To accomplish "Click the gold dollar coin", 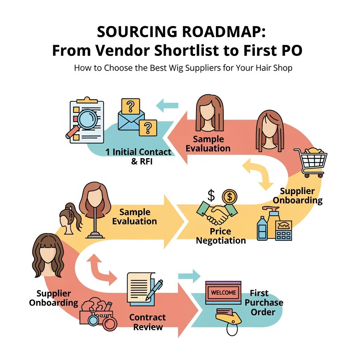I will click(x=229, y=196).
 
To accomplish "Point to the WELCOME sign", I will click(x=223, y=292).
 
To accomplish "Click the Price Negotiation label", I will click(x=221, y=236).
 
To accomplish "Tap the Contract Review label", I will click(x=147, y=322).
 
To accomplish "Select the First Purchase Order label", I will click(x=264, y=302).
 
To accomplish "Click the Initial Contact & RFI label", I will click(x=139, y=156).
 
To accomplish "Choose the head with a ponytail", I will click(x=71, y=218).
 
